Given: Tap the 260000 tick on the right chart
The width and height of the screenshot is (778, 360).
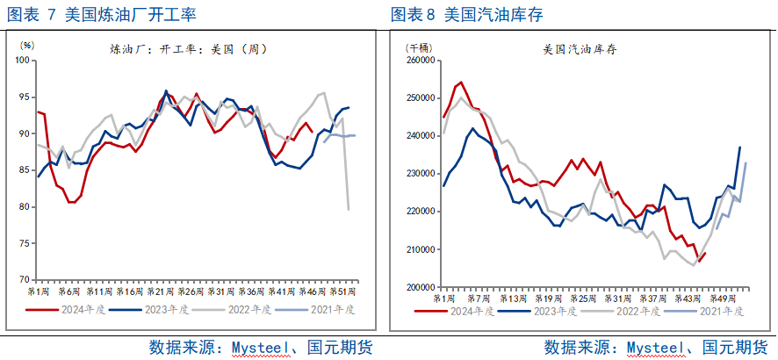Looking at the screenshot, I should (x=421, y=61).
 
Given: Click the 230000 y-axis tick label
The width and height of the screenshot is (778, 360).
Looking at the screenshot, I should (x=421, y=174).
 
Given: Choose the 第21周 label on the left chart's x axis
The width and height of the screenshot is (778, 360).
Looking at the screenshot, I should (x=161, y=291).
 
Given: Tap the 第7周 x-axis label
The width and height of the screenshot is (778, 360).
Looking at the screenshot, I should (x=479, y=298).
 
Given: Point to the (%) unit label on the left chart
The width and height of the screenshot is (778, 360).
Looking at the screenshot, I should (x=27, y=44).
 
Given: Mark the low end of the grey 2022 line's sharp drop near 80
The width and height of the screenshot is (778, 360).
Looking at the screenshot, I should (x=349, y=209).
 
